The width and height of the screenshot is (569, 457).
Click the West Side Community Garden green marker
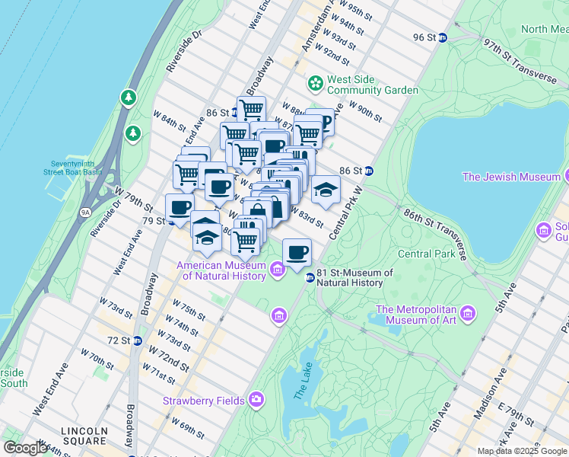coord(314,82)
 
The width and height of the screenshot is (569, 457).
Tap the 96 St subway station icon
coord(442,37)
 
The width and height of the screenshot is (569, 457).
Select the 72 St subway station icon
coord(137,340)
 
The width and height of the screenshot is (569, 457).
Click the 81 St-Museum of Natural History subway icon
coord(310,278)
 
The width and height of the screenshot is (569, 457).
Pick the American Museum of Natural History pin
coord(277,267)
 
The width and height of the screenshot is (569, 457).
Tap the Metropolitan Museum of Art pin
coord(468,314)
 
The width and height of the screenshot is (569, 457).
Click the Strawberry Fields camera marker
coord(256,400)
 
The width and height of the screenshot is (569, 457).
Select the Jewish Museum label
coord(511,177)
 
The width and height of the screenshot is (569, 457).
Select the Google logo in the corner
coord(25,448)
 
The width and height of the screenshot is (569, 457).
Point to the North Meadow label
coord(544,30)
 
